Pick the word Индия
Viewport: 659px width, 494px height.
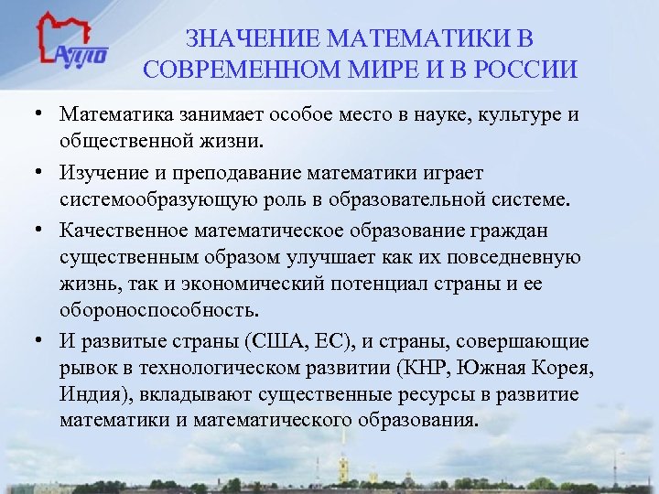point(91,395)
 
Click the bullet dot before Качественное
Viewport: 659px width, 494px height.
point(44,229)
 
